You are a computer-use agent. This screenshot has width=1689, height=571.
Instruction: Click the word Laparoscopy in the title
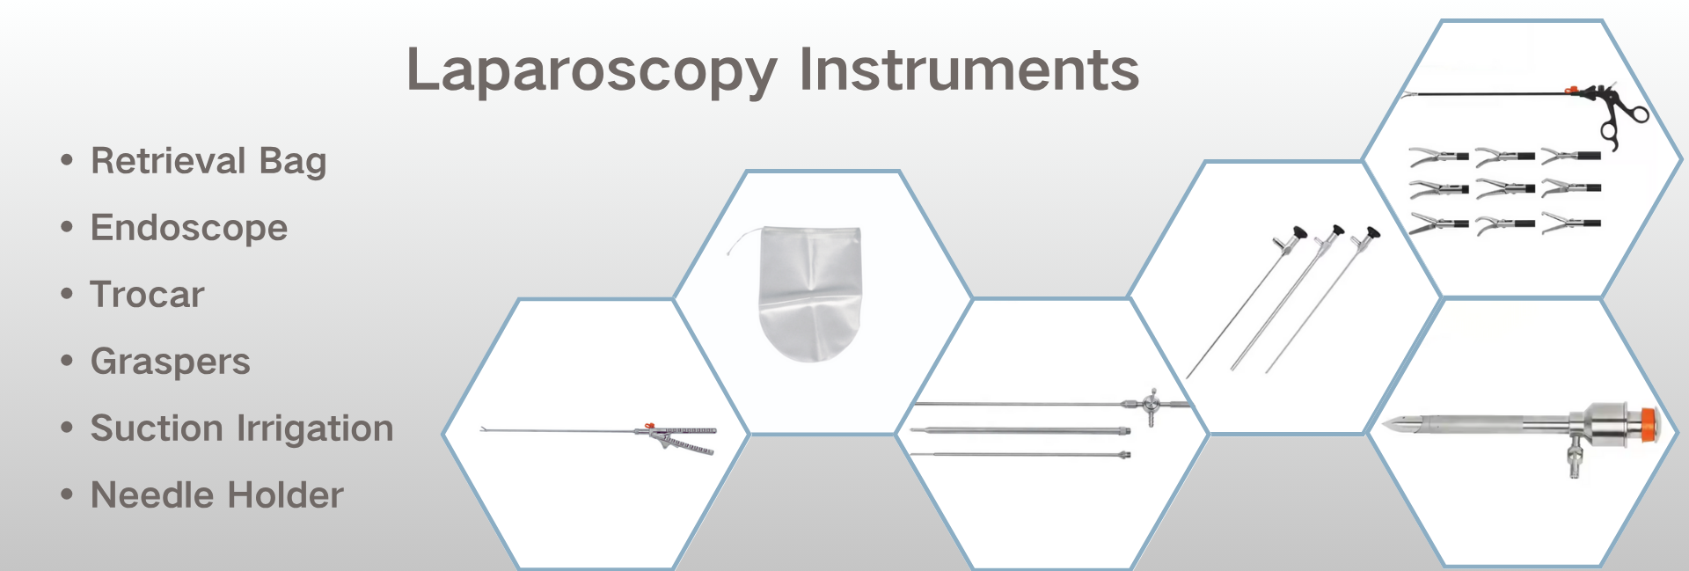592,70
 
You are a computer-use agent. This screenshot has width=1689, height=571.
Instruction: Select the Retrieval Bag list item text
208,161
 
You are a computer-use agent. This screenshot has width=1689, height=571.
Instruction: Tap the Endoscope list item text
189,228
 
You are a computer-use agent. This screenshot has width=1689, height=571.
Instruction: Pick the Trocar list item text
147,295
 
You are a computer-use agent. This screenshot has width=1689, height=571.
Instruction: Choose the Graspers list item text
171,362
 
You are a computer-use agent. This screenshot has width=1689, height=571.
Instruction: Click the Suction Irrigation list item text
242,428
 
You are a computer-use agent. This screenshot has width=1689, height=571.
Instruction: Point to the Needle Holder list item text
217,495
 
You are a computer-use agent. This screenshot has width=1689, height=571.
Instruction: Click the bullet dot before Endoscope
67,227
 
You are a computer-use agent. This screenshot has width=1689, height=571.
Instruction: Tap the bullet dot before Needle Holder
67,494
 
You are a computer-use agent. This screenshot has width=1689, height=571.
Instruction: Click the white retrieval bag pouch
810,294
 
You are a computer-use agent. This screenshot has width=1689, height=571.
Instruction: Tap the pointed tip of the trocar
1385,425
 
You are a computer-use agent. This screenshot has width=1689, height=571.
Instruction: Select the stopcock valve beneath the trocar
1575,458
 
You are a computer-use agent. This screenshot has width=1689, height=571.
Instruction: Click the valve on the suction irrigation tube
1151,406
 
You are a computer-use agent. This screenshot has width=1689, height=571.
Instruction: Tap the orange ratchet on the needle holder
650,426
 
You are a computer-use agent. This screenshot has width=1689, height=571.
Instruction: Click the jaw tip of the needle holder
483,429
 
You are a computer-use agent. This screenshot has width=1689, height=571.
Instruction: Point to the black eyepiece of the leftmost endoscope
1298,233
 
